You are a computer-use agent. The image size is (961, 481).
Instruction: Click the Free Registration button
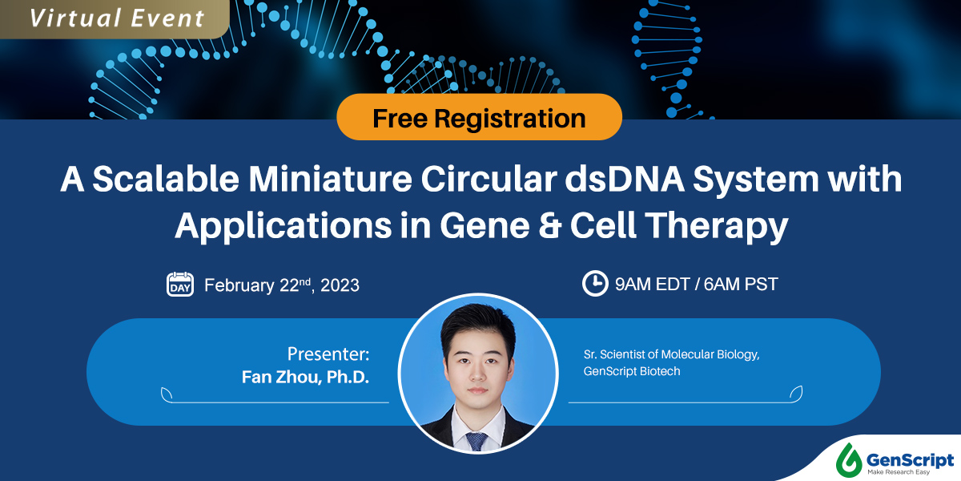pyautogui.click(x=479, y=119)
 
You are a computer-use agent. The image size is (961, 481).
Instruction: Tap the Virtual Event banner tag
pyautogui.click(x=116, y=18)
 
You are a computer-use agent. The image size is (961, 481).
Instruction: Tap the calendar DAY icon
pyautogui.click(x=180, y=284)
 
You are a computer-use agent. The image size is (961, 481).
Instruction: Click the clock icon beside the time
pyautogui.click(x=594, y=283)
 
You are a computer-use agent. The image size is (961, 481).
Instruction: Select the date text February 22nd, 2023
pyautogui.click(x=281, y=285)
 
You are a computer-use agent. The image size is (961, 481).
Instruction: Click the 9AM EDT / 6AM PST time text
pyautogui.click(x=697, y=284)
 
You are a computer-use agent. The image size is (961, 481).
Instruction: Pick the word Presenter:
pyautogui.click(x=328, y=354)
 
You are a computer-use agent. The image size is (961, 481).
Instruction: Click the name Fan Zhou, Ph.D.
pyautogui.click(x=306, y=377)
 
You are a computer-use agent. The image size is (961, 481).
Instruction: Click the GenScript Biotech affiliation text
pyautogui.click(x=633, y=372)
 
